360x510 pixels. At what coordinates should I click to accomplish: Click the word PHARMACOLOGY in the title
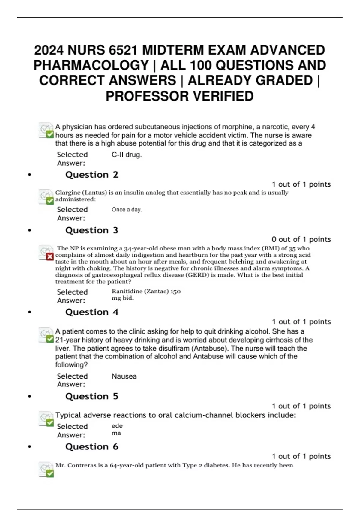91,65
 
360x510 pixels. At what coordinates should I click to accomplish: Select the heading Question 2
92,175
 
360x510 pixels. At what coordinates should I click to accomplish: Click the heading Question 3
92,230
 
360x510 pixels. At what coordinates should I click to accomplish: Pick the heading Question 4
92,312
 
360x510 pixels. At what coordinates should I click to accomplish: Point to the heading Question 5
92,396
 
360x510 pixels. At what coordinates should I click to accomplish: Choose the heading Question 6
92,447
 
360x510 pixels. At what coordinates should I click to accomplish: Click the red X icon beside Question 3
50,256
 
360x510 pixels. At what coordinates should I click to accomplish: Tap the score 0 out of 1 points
301,239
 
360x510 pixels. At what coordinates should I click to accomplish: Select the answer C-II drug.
126,155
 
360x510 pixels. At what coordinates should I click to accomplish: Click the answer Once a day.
127,210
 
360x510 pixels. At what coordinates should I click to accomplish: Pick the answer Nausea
124,376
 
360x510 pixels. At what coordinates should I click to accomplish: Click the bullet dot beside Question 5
29,397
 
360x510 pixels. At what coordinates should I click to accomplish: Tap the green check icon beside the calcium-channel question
50,422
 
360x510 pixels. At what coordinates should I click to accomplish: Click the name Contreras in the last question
82,465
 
